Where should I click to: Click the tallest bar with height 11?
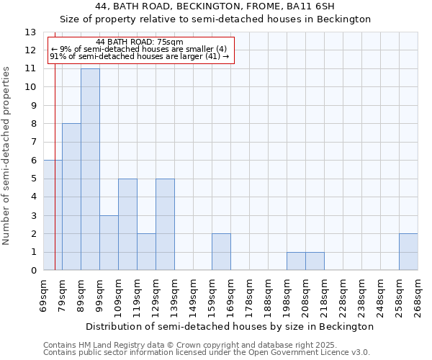90,169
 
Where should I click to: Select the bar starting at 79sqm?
71,197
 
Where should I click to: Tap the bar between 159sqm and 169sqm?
221,252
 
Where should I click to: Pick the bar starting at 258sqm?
408,252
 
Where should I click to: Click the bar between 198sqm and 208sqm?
296,261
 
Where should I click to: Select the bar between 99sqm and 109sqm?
109,243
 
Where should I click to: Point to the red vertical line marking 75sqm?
55,180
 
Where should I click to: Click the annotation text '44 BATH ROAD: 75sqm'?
140,42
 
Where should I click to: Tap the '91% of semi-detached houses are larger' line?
140,57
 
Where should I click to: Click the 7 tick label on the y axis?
33,143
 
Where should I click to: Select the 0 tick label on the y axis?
33,271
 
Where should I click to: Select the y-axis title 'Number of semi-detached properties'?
7,155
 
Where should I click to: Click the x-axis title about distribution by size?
230,326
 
